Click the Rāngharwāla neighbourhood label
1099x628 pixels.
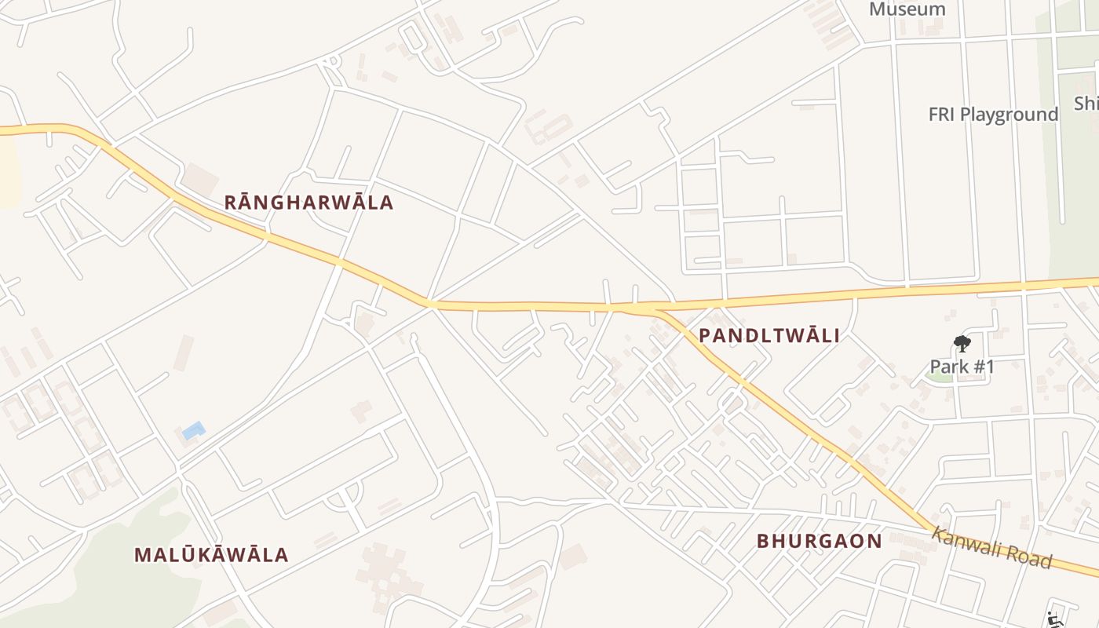click(x=309, y=203)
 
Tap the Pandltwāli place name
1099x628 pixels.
click(x=769, y=336)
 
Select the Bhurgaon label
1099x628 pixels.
click(x=820, y=541)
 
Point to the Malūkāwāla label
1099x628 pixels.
click(x=211, y=555)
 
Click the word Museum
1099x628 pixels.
click(x=907, y=9)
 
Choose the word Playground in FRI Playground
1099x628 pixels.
click(x=1009, y=115)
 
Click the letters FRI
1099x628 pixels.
click(x=942, y=115)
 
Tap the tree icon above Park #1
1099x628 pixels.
click(x=962, y=343)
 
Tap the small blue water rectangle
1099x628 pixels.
click(x=193, y=430)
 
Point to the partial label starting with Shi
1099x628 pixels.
click(x=1086, y=104)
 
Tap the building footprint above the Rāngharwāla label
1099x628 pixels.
click(x=201, y=179)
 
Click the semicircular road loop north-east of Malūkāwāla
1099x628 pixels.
click(x=346, y=496)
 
